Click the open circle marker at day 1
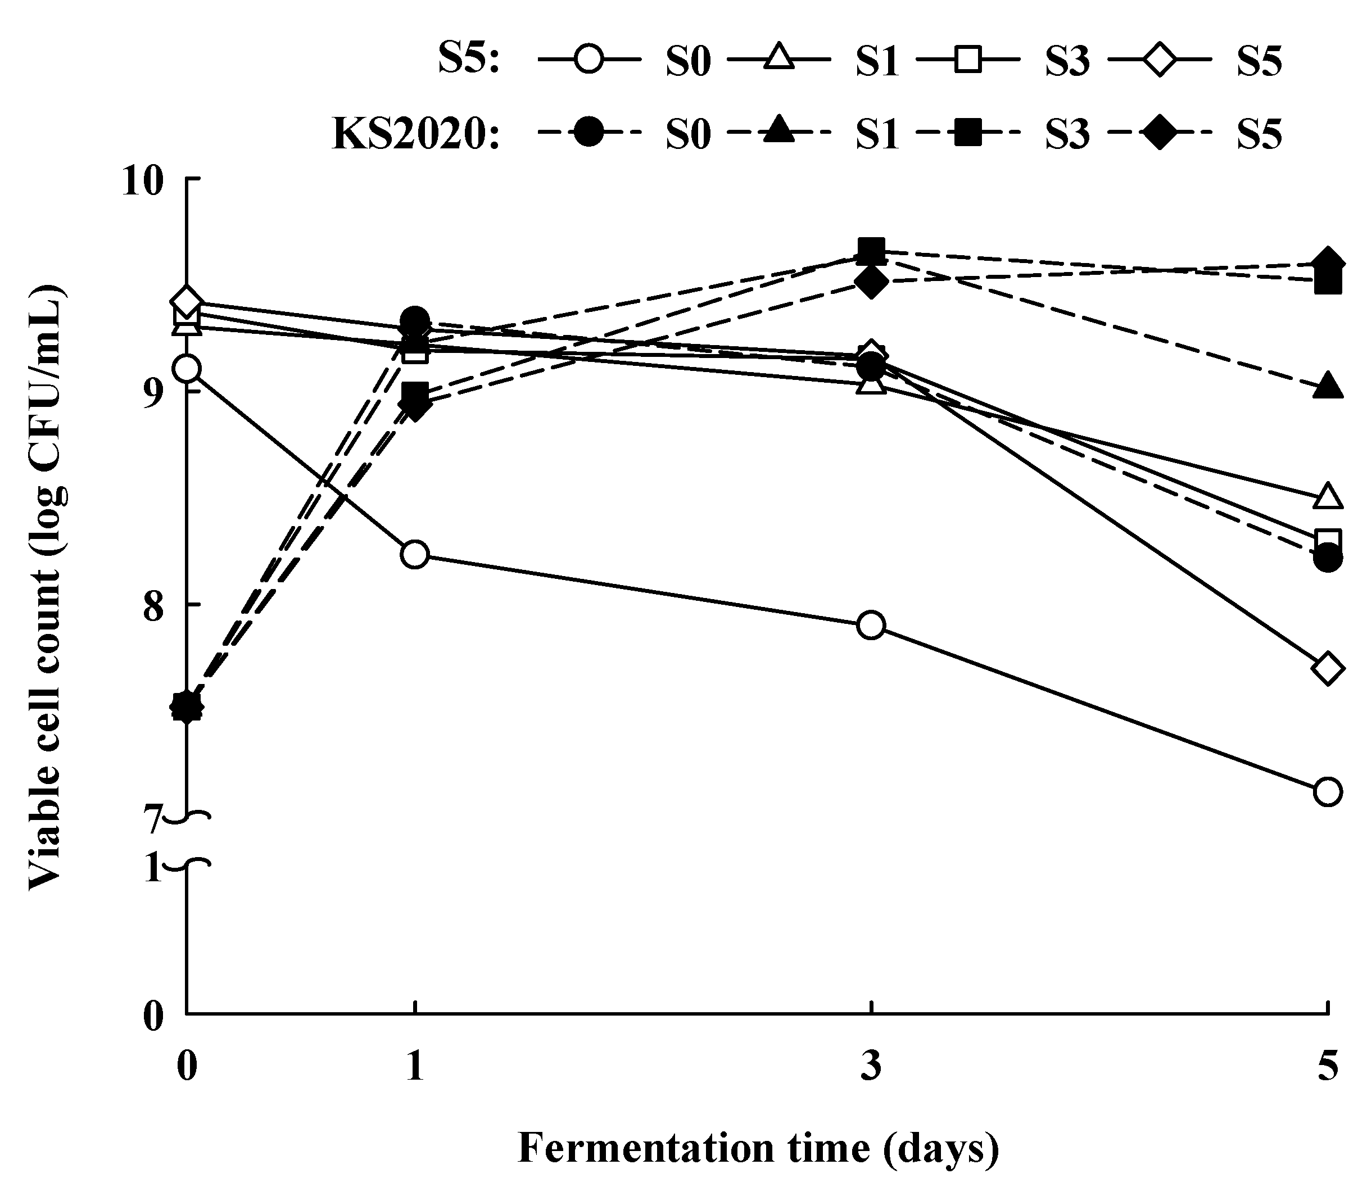[x=415, y=554]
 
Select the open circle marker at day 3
[x=871, y=624]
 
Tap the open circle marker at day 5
[x=1328, y=791]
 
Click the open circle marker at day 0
[x=187, y=368]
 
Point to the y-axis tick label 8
[x=153, y=606]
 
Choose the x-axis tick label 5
[x=1327, y=1068]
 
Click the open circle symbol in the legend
[x=589, y=61]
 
